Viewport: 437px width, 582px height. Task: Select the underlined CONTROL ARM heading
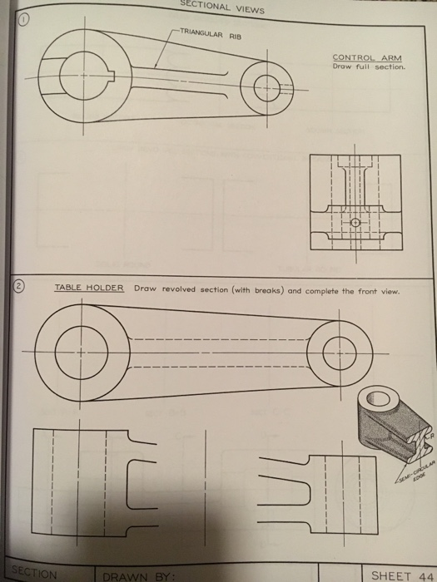367,57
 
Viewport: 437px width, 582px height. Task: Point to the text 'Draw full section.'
368,67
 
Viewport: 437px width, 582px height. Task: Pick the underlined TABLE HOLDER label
89,289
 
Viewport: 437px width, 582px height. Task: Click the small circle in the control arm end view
354,223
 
